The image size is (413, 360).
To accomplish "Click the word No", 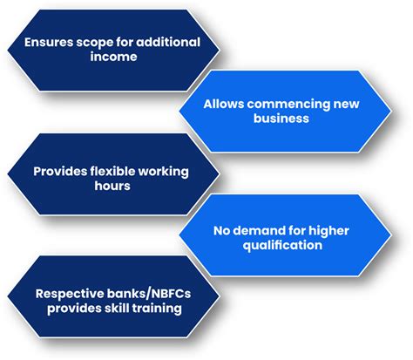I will click(221, 231).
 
